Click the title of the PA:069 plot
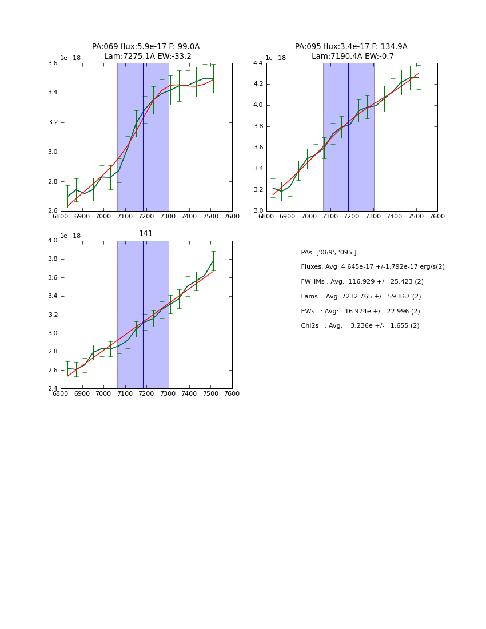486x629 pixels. coord(146,51)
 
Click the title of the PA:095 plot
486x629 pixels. coord(352,51)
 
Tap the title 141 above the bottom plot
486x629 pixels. coord(146,234)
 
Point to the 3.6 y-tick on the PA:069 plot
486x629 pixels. coord(52,63)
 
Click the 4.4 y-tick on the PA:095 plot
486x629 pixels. coord(258,63)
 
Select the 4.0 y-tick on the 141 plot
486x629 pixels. coord(52,241)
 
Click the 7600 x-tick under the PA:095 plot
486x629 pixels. coord(437,216)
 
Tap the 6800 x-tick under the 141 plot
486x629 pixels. coord(61,394)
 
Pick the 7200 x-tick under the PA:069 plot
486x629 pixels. coord(146,216)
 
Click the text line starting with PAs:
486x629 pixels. coord(329,252)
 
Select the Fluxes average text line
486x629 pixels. coord(373,267)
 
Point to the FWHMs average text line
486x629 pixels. coord(362,282)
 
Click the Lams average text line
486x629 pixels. coord(361,297)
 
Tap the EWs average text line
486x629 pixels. coord(360,312)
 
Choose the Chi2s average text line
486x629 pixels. coord(360,326)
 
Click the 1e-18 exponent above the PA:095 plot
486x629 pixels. coord(276,58)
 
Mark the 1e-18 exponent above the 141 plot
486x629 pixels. coord(70,236)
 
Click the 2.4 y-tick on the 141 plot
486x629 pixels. coord(52,389)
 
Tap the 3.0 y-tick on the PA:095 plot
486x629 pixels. coord(258,211)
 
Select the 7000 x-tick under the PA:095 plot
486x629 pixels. coord(309,216)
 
